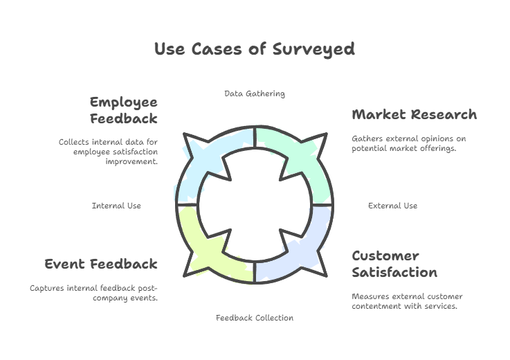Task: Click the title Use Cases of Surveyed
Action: [x=255, y=49]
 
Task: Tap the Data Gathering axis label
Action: [x=255, y=93]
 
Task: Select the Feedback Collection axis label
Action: [x=255, y=318]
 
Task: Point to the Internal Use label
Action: [x=116, y=206]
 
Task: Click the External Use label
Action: [x=392, y=206]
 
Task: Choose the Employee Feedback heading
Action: [x=124, y=110]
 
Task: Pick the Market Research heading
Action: [x=415, y=114]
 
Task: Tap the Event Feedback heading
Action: [x=101, y=264]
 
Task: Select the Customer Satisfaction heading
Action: [x=394, y=264]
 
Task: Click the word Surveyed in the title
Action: [x=313, y=49]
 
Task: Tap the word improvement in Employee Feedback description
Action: [x=131, y=161]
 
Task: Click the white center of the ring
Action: [x=255, y=205]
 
